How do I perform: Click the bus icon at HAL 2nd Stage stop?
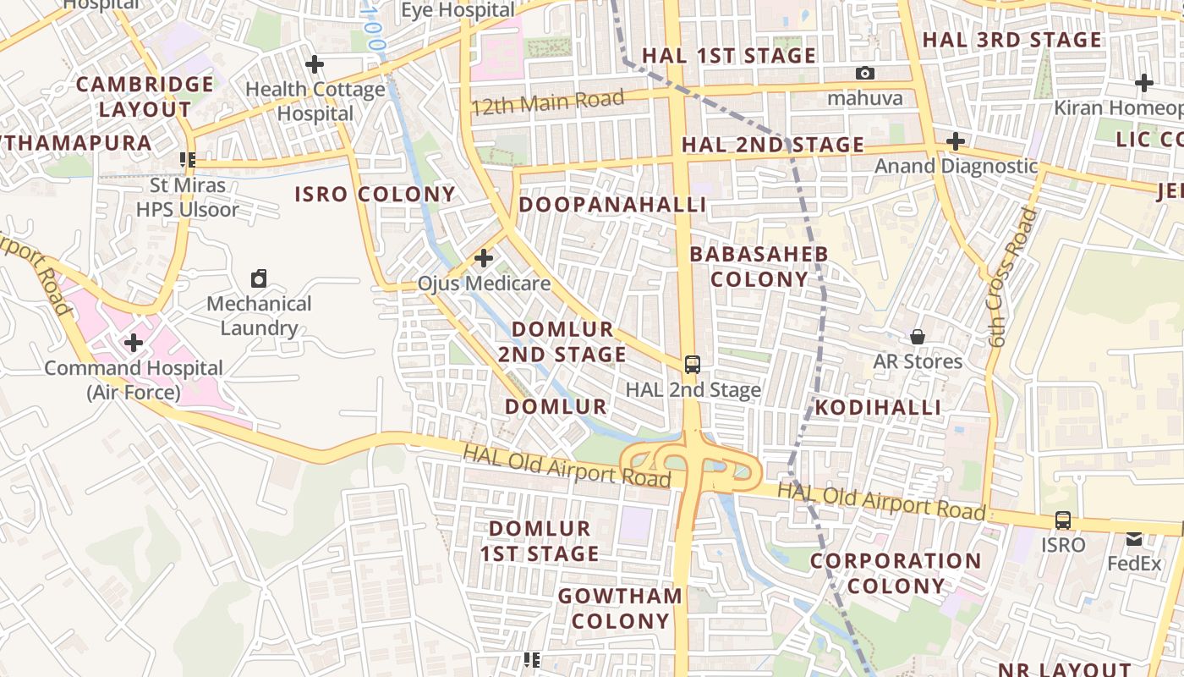693,365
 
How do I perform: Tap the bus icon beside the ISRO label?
1063,520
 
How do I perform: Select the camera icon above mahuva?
864,74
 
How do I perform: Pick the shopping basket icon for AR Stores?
918,337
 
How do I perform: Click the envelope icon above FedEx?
1134,538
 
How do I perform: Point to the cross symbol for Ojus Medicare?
484,257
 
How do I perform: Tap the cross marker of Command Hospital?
133,343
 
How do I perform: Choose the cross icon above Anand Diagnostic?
956,140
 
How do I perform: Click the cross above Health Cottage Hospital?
315,63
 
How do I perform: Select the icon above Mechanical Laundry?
260,278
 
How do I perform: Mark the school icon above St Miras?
188,159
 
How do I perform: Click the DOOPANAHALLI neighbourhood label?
612,205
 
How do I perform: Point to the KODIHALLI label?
878,408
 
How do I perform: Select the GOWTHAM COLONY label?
620,608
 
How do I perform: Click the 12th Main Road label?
548,103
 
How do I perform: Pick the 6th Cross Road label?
1011,278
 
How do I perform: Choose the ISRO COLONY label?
375,195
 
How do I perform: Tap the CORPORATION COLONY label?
896,573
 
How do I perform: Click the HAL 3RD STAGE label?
1011,40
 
